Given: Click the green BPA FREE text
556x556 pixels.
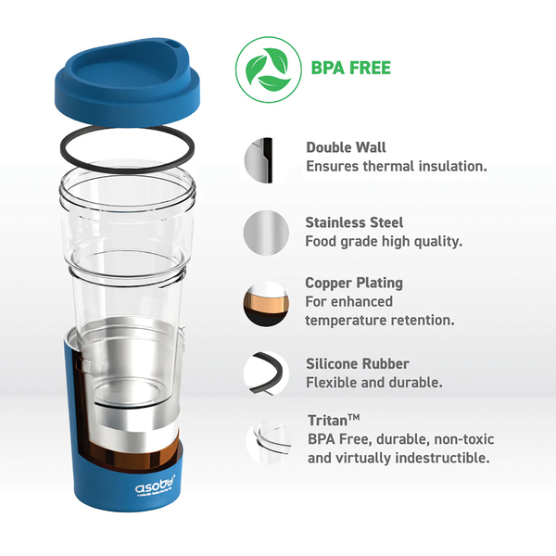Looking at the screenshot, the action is coord(350,68).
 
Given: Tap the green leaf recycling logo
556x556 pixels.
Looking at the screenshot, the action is coord(269,69).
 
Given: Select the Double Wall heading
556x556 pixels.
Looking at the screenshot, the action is coord(346,147).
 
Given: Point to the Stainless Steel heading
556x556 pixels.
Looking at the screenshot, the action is coord(354,222).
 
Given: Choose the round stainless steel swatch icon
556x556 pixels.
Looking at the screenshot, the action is coord(266,233).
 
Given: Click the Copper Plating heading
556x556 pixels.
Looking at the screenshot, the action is coord(354,283).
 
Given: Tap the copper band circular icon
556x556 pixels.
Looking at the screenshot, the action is coord(266,304).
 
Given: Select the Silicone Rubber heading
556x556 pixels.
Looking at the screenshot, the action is coord(358,364).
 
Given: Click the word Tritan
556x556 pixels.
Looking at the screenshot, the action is coord(328,421).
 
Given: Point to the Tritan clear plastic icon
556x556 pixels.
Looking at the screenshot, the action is coord(269,441).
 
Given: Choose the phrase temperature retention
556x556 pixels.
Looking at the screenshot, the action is coord(380,321).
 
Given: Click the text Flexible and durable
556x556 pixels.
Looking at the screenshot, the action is coord(374,383).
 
